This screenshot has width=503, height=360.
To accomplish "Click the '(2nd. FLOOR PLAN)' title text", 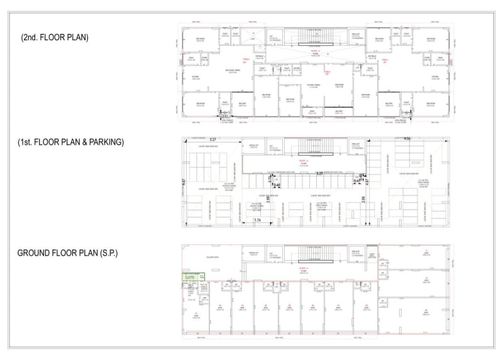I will coord(55,38).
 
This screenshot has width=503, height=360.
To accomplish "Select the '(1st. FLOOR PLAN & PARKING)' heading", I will coord(71,143).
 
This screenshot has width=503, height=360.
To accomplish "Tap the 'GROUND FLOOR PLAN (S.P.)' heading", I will coord(67,253).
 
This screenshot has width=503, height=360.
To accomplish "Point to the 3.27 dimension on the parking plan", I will coord(213,139).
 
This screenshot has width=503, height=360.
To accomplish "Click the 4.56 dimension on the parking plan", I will coord(407,139).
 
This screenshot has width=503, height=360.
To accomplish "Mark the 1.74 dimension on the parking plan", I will coord(257,221).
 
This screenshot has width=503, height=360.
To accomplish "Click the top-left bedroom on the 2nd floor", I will coord(199,39).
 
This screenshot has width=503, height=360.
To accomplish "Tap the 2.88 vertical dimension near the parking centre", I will coord(363,200).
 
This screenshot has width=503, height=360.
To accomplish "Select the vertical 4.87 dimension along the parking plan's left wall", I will coord(183,182).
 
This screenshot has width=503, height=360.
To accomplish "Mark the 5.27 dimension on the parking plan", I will coord(319,173).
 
